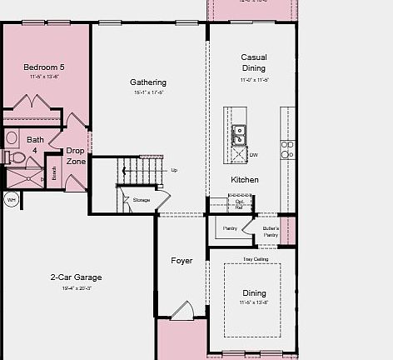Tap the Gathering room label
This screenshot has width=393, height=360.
148,82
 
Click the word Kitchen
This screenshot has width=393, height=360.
245,179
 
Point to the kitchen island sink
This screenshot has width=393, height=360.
238,131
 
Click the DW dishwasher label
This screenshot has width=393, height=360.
254,154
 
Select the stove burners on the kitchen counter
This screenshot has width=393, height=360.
286,149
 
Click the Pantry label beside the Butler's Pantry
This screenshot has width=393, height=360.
230,227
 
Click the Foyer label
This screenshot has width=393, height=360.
182,261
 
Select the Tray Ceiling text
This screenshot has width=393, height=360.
254,259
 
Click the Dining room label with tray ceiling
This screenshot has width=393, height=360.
254,292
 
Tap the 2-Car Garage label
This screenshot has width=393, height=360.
76,277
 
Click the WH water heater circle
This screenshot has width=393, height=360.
12,200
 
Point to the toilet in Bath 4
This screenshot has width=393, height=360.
14,156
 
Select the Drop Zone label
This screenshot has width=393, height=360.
76,156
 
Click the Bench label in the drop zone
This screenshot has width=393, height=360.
54,172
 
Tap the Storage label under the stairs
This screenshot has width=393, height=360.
142,200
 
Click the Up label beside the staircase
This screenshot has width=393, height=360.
174,170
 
